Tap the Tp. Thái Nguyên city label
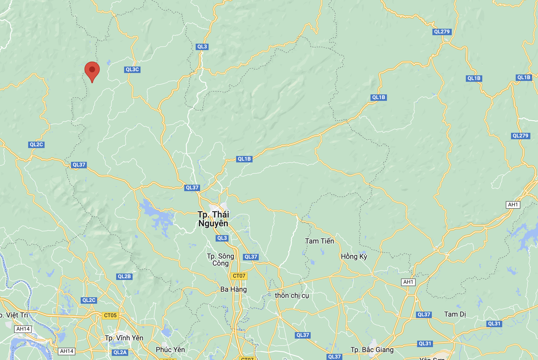(213, 219)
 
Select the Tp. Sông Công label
(221, 260)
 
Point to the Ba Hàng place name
(234, 289)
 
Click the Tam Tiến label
(319, 241)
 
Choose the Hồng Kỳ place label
(354, 257)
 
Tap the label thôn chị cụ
(292, 296)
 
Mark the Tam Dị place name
(455, 314)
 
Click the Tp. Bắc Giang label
(372, 350)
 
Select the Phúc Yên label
(170, 349)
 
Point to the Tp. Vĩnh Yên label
(124, 338)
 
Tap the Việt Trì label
(15, 315)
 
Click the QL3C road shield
(132, 69)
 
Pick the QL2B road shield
(124, 276)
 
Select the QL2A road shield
(120, 352)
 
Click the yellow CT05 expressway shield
(110, 315)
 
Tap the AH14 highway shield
(23, 329)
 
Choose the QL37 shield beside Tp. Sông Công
(251, 257)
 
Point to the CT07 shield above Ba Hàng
(239, 276)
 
